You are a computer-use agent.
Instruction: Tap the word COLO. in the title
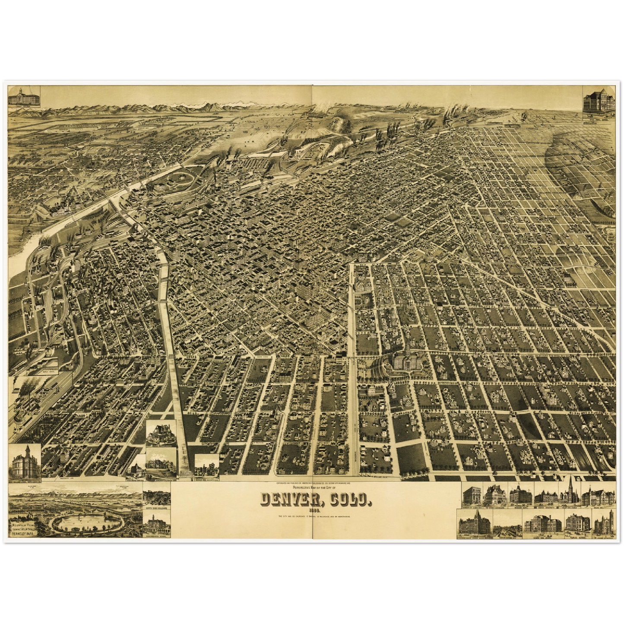coord(351,500)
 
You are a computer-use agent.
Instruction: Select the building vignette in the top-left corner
coord(24,96)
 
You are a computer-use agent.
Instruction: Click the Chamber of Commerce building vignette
coord(472,496)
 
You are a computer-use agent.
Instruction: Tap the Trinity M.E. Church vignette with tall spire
coord(570,493)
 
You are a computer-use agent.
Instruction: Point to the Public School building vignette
coord(577,523)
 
